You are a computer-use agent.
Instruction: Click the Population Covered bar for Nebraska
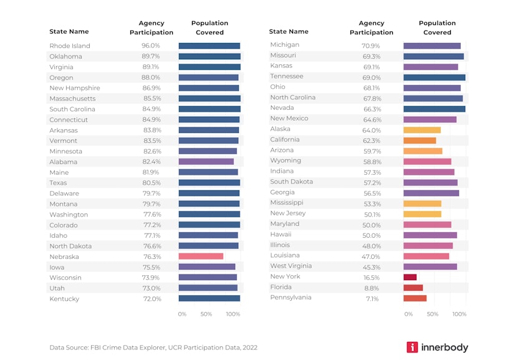click(x=200, y=256)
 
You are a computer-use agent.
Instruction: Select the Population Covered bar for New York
click(x=410, y=277)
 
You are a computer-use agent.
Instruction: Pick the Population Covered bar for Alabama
click(x=206, y=162)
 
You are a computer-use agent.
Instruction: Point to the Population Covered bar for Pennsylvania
click(x=415, y=298)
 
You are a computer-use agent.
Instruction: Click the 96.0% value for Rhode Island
click(x=151, y=46)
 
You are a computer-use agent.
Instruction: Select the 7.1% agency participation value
click(x=372, y=299)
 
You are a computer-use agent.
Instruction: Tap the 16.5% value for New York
click(x=372, y=278)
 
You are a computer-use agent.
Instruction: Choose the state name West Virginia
click(x=291, y=266)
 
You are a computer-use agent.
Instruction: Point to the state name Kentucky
click(x=64, y=299)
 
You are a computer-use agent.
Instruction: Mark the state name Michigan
click(x=284, y=45)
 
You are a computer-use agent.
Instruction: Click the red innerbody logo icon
click(x=412, y=347)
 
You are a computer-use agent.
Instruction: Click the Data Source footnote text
click(x=153, y=348)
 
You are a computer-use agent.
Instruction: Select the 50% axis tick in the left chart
click(x=206, y=314)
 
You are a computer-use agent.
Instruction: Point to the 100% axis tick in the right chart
click(x=459, y=314)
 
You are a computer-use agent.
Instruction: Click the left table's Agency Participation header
click(x=151, y=28)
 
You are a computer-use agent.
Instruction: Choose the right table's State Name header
click(x=289, y=32)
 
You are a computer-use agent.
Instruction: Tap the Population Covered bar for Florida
click(x=413, y=288)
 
